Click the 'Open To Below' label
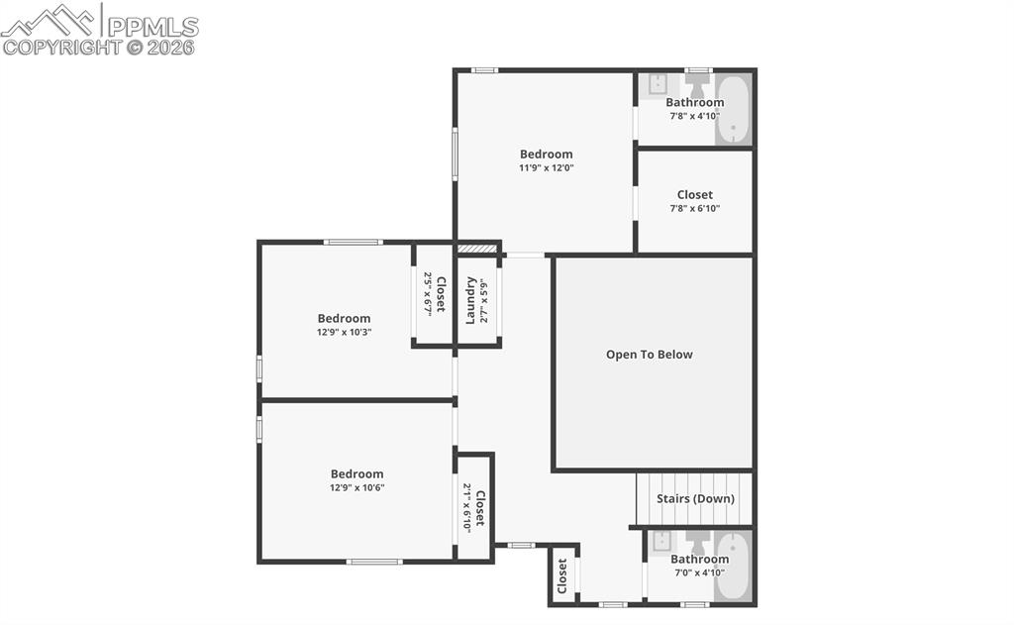[650, 355]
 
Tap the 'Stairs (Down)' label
[695, 498]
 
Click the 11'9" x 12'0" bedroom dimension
[547, 168]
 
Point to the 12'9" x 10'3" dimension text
[344, 332]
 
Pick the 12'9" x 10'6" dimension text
[356, 487]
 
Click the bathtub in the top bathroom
[734, 109]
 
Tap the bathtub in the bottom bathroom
[733, 567]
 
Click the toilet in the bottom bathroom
[698, 542]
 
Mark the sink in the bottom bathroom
[662, 541]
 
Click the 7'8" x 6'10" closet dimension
[694, 209]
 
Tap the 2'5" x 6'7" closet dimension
[429, 293]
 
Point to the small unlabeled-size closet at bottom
[562, 575]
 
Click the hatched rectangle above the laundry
[476, 250]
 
